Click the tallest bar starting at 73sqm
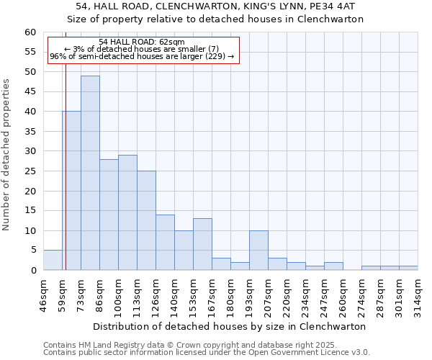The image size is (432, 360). click(x=90, y=173)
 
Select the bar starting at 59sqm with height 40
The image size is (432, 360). click(x=71, y=191)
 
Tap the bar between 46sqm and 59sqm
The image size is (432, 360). click(x=53, y=260)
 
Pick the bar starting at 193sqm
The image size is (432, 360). click(x=258, y=251)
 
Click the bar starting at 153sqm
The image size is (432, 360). click(x=202, y=244)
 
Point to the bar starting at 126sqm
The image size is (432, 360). click(x=165, y=242)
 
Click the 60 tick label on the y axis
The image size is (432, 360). click(x=30, y=32)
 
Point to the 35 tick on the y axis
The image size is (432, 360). click(x=30, y=132)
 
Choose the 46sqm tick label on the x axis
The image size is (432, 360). click(x=44, y=294)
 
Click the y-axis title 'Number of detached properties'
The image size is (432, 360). click(x=7, y=155)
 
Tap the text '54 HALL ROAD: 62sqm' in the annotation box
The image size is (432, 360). click(x=142, y=42)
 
